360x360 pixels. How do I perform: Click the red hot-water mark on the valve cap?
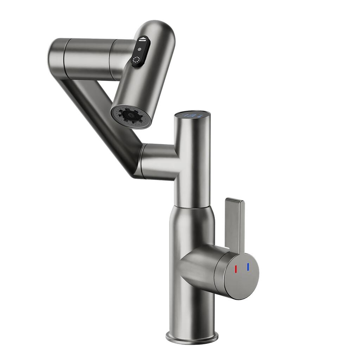[236, 269]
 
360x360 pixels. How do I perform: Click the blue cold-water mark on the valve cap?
[248, 267]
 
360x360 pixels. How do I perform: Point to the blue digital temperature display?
[192, 115]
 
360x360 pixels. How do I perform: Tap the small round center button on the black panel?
[139, 50]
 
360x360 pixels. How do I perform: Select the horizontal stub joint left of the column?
[156, 162]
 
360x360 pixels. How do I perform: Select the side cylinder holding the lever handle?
[200, 267]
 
